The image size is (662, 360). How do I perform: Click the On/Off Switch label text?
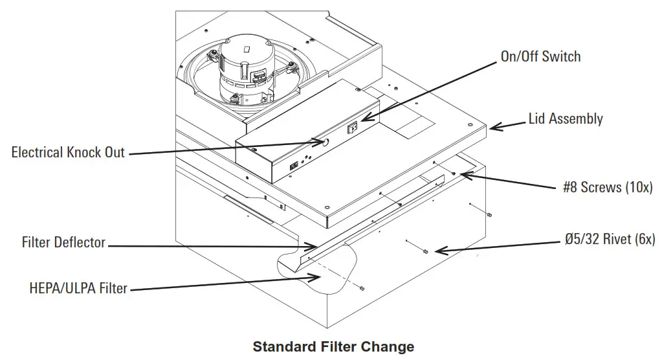[540, 56]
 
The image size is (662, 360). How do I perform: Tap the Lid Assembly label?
[566, 118]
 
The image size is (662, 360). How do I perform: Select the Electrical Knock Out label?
[68, 153]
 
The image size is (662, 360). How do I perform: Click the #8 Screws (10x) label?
[608, 188]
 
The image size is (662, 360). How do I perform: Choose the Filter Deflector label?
[63, 243]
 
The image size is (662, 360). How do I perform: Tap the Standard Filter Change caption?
[333, 346]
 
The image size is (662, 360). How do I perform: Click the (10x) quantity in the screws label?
[638, 188]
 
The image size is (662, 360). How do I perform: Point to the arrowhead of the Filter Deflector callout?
[315, 246]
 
